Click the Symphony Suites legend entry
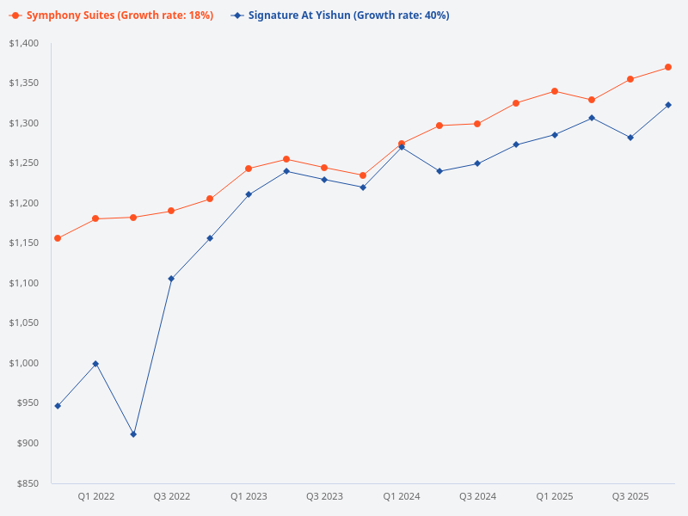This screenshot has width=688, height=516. pyautogui.click(x=112, y=15)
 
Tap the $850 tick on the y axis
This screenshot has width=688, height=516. pyautogui.click(x=28, y=483)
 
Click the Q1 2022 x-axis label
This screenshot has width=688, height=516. pyautogui.click(x=95, y=496)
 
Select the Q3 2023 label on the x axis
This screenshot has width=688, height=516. pyautogui.click(x=324, y=496)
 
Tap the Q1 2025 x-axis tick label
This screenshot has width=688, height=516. pyautogui.click(x=554, y=496)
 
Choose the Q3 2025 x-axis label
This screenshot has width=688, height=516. pyautogui.click(x=630, y=496)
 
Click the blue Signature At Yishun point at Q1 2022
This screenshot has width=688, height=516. pyautogui.click(x=95, y=364)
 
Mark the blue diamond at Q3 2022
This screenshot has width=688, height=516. pyautogui.click(x=171, y=279)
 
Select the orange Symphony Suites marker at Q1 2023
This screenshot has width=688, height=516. pyautogui.click(x=248, y=169)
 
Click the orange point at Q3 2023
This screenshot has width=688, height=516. pyautogui.click(x=324, y=168)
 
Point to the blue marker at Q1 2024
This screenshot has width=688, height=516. pyautogui.click(x=401, y=147)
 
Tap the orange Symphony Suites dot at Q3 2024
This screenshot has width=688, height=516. pyautogui.click(x=477, y=124)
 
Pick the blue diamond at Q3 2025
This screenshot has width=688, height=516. pyautogui.click(x=630, y=138)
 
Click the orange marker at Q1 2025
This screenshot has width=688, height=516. pyautogui.click(x=554, y=91)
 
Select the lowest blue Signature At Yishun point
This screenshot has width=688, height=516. pyautogui.click(x=133, y=434)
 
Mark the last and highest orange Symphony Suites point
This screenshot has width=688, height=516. pyautogui.click(x=668, y=67)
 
